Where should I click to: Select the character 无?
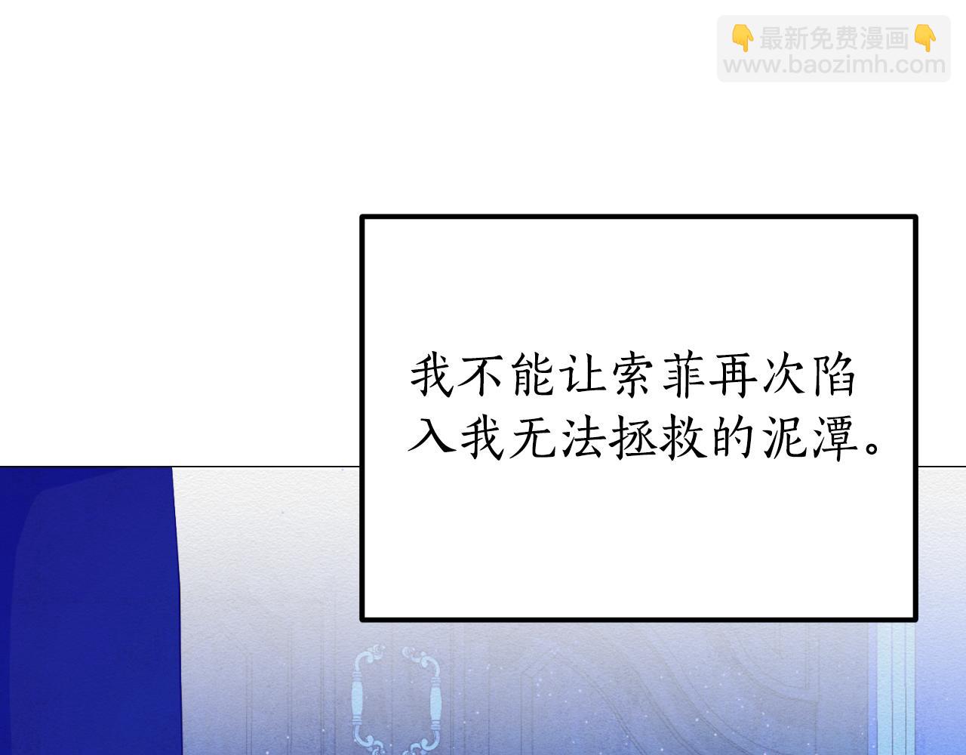pos(533,439)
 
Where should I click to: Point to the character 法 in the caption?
pos(583,439)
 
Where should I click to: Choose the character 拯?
pos(634,439)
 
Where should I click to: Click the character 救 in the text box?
pos(685,439)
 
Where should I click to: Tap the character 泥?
pos(786,439)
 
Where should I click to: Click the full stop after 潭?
pos(872,447)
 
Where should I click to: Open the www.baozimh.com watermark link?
pos(835,65)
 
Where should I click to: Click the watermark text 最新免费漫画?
pos(834,39)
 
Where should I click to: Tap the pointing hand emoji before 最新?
pos(743,39)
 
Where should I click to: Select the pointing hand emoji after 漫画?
pos(925,39)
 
